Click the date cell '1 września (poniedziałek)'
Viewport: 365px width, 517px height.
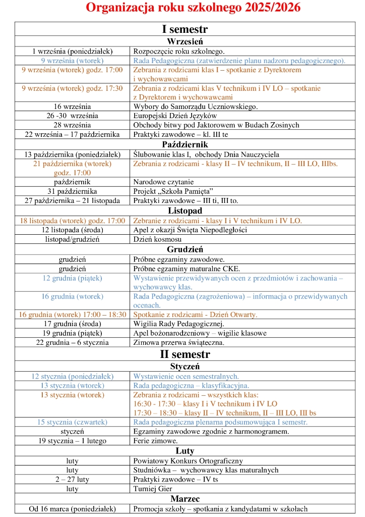point(72,51)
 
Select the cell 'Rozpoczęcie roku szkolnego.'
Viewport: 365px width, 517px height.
point(179,51)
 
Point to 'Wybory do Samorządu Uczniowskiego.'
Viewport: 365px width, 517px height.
point(196,107)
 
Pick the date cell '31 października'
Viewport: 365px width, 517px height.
point(72,191)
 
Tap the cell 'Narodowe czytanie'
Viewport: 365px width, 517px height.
point(163,182)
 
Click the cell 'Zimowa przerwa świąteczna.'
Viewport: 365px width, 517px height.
point(179,342)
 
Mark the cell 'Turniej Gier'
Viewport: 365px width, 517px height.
point(153,489)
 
